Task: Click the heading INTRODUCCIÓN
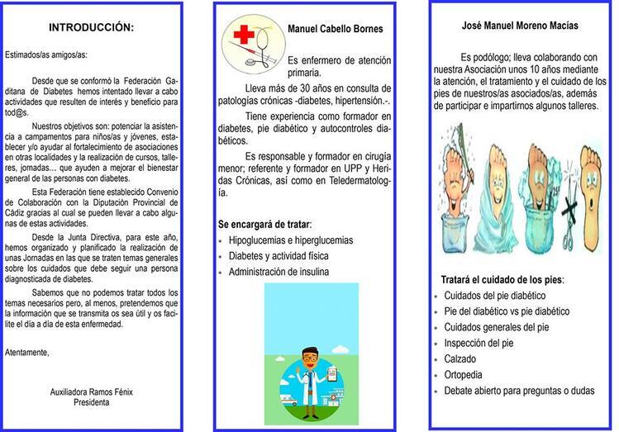click(91, 27)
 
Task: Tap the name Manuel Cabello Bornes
click(336, 29)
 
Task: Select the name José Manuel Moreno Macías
click(519, 26)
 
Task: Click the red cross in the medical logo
click(245, 35)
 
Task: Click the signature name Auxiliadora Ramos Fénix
click(91, 392)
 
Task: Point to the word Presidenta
click(91, 402)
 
